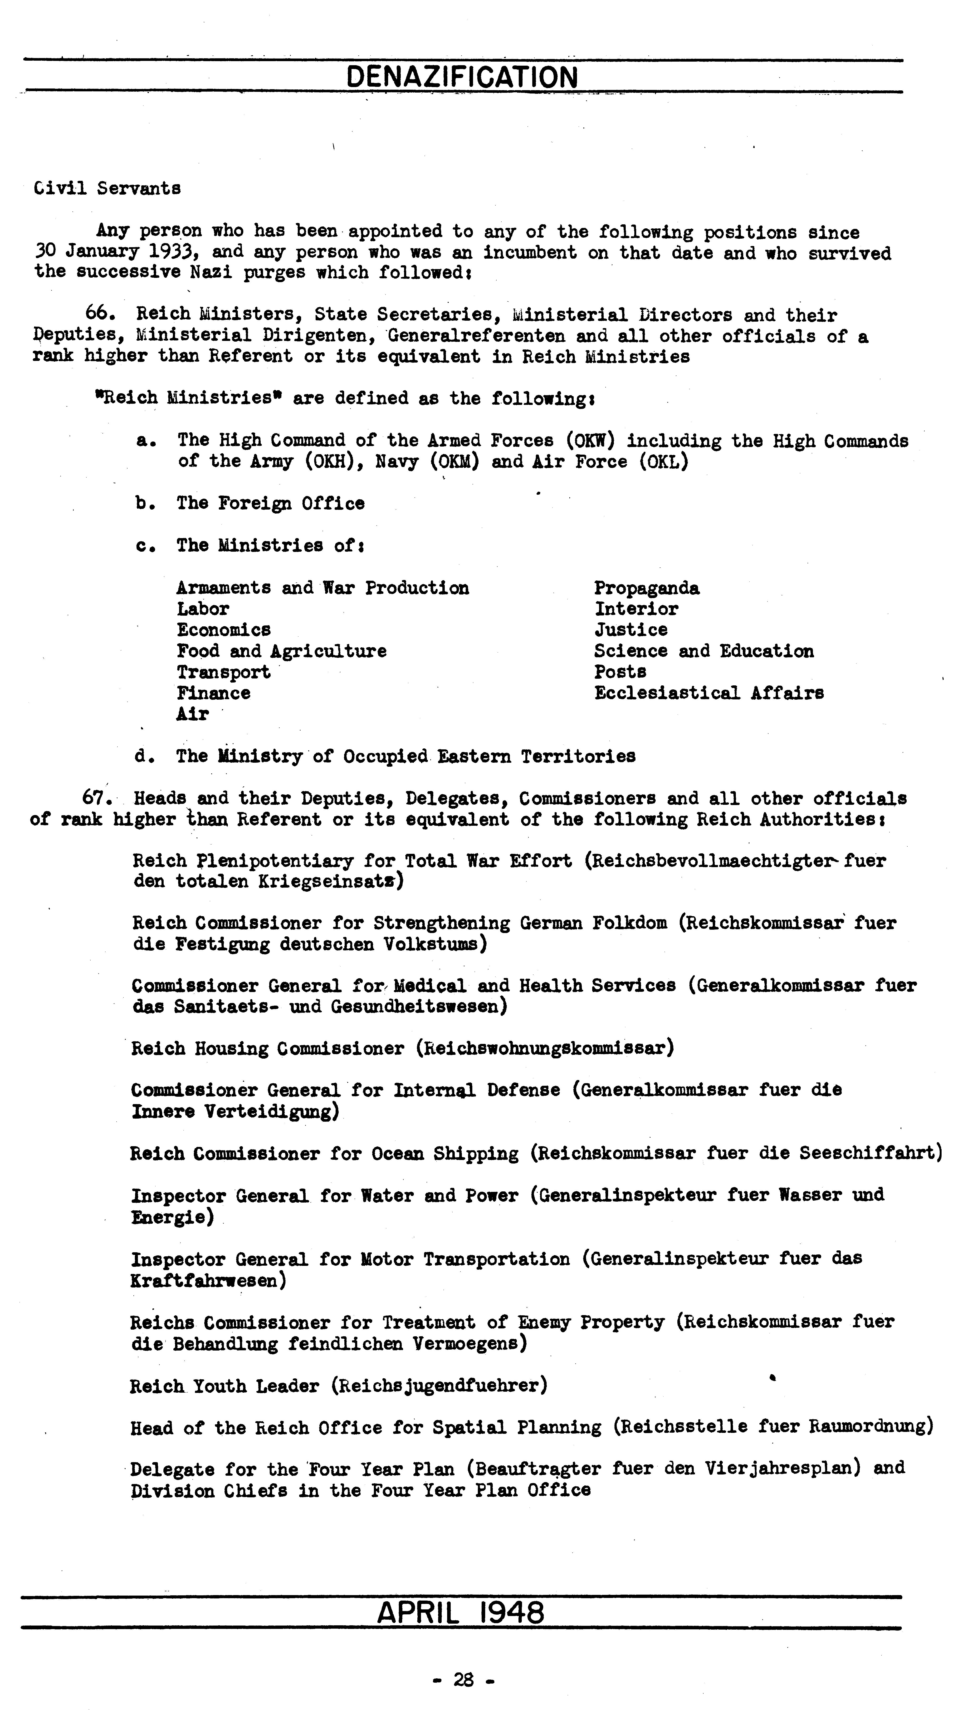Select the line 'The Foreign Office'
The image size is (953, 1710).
tap(270, 504)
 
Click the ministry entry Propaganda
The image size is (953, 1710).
tap(646, 588)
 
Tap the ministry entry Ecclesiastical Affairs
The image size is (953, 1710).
tap(709, 693)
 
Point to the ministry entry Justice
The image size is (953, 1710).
tap(630, 630)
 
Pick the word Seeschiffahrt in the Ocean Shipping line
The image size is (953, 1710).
tap(867, 1154)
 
